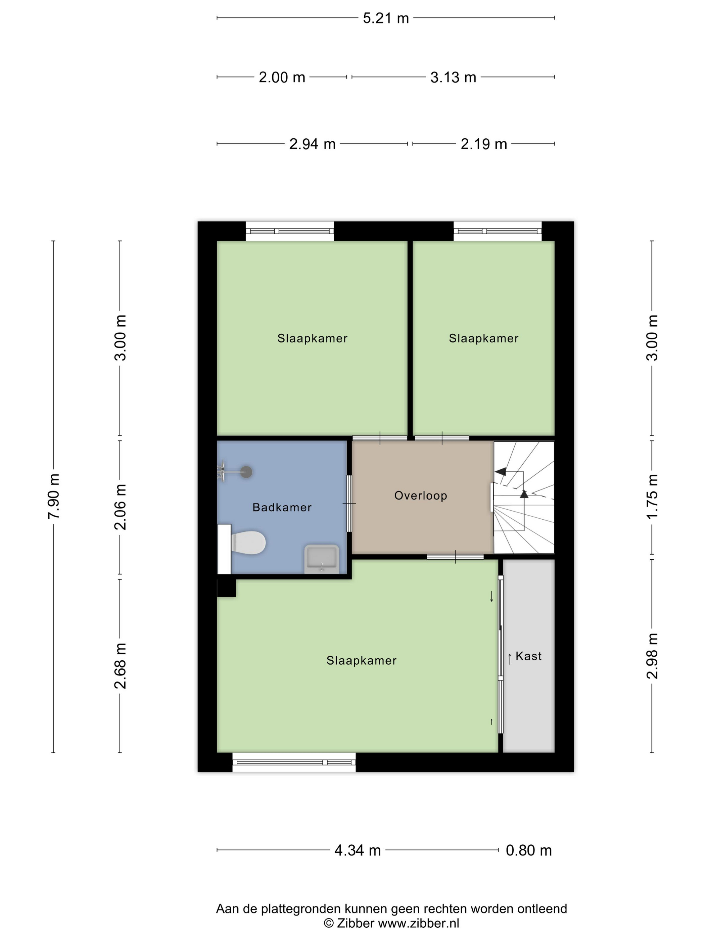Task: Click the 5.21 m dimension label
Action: click(385, 18)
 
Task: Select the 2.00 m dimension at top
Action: click(282, 77)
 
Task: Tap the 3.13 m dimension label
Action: click(453, 77)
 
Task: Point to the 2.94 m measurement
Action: click(312, 144)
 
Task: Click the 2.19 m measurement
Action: click(484, 144)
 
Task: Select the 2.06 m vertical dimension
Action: click(120, 507)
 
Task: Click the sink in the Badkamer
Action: click(321, 559)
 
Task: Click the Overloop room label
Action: click(421, 496)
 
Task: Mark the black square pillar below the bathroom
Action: click(227, 588)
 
